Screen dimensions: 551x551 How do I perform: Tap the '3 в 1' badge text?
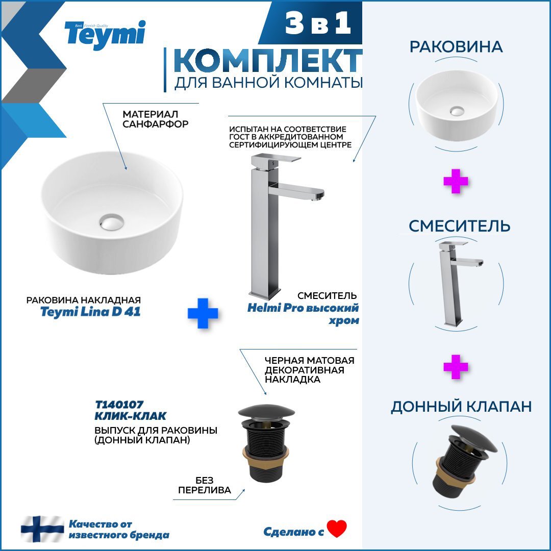318,24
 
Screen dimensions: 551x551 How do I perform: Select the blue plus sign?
203,313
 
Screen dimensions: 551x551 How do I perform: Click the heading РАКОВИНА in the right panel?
456,47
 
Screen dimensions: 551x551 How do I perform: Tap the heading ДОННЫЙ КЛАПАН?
461,406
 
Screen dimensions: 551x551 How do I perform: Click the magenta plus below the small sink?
456,182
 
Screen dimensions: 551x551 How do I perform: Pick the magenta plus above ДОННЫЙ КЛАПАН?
456,367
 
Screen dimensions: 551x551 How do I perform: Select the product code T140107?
116,405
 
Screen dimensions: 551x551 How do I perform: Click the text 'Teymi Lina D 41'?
90,312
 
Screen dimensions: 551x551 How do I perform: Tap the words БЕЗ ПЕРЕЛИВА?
204,485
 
